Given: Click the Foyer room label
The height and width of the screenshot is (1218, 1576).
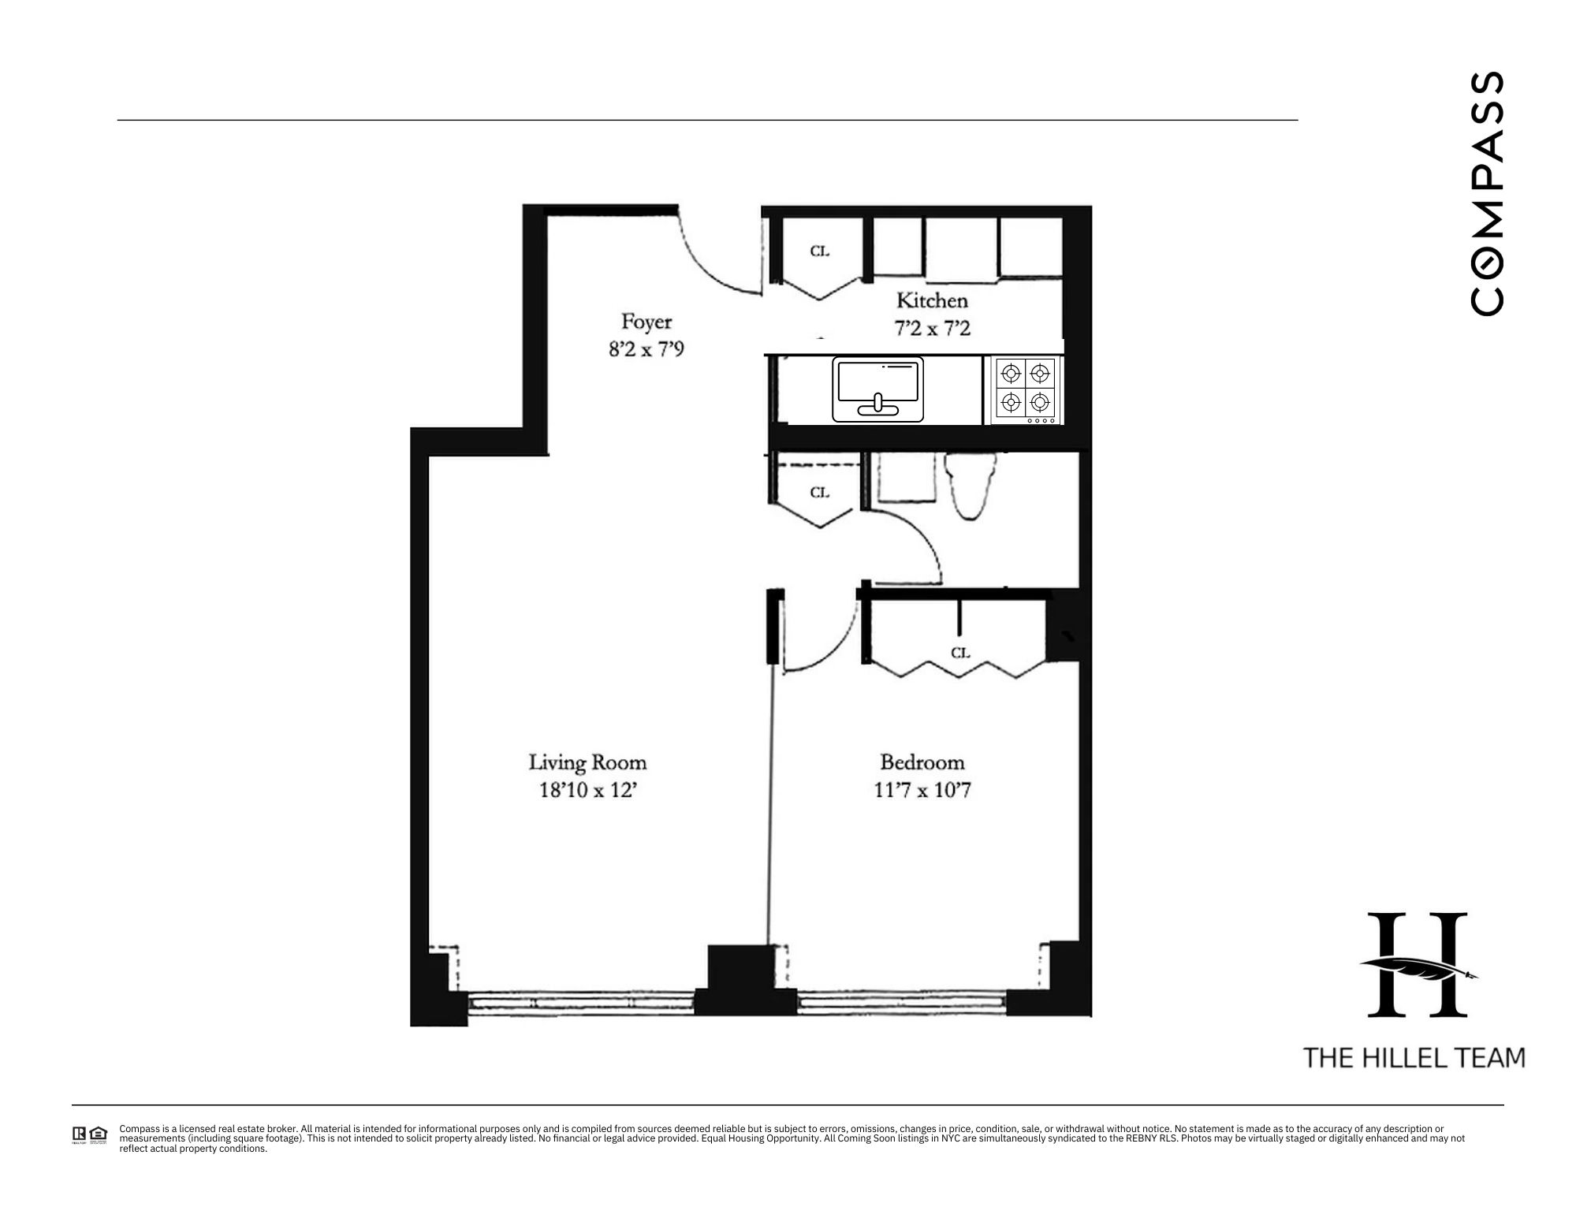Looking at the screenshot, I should click(646, 322).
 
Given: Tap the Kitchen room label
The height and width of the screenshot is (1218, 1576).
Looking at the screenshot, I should click(932, 300).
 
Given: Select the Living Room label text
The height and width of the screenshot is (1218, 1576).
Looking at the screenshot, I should click(587, 762).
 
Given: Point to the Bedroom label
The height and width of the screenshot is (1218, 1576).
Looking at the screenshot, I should click(922, 762).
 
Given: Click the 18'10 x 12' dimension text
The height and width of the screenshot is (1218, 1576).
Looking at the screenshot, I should click(587, 790).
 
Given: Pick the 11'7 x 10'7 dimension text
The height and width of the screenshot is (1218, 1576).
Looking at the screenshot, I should click(922, 790).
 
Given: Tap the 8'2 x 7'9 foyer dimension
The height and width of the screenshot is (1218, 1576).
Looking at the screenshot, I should click(646, 348).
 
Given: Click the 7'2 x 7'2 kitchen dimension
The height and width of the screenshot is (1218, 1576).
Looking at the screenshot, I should click(932, 328).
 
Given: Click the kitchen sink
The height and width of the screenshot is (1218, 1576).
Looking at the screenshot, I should click(877, 389).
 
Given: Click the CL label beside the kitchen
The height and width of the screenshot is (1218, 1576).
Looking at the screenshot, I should click(820, 251).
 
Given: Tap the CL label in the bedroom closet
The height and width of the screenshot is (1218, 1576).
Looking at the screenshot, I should click(959, 653).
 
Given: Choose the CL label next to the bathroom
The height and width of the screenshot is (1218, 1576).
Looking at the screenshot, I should click(820, 493).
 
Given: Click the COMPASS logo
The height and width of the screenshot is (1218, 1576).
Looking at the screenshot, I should click(1488, 194).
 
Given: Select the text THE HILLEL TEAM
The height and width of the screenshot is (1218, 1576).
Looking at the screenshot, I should click(1414, 1057).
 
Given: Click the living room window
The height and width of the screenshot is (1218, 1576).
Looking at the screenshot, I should click(581, 1003).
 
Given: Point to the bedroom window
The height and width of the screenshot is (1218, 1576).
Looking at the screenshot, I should click(902, 1003).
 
